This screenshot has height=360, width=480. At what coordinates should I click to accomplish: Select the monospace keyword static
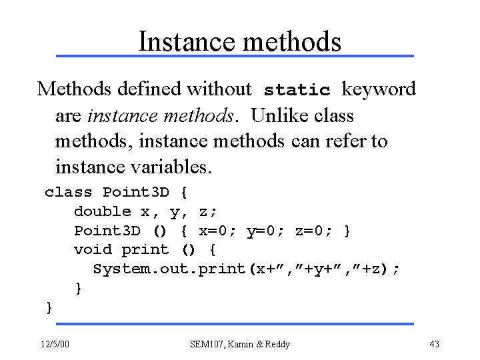297,89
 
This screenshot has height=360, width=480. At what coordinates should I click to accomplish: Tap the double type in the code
102,211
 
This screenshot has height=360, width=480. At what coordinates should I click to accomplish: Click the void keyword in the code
93,249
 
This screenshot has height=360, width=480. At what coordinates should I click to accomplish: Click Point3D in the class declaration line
136,193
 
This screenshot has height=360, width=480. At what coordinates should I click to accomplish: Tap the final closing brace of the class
49,307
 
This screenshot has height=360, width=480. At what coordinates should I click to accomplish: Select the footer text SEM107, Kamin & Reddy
240,344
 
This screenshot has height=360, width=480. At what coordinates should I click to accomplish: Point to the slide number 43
435,344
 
